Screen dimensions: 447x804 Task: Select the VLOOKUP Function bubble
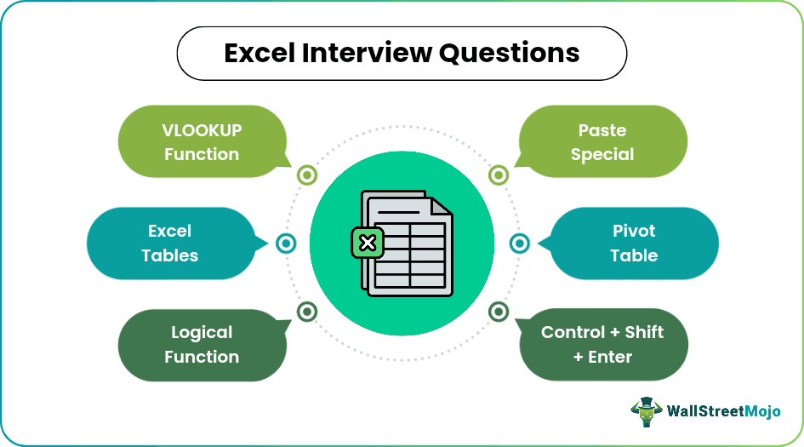(x=201, y=142)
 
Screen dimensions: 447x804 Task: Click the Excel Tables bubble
(x=169, y=244)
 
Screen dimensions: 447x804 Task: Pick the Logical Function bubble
(x=201, y=345)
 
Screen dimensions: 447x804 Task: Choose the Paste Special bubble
(x=602, y=142)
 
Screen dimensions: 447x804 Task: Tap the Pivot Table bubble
(x=634, y=244)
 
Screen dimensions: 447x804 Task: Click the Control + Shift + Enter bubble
(x=602, y=345)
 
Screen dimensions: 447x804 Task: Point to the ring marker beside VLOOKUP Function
(x=306, y=175)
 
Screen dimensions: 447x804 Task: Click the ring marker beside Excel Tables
(x=287, y=244)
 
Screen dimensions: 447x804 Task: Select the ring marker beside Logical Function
(x=306, y=312)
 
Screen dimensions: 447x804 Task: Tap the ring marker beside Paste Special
(x=499, y=175)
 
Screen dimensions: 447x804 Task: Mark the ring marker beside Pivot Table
(x=519, y=244)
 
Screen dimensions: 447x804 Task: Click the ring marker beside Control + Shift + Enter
(x=499, y=312)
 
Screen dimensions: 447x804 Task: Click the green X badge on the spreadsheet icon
(x=368, y=244)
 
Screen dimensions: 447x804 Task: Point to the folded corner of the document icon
(x=441, y=207)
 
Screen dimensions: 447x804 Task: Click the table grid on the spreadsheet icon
(x=411, y=255)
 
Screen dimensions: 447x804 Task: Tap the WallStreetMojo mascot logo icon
(x=647, y=411)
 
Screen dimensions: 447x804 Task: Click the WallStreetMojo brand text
(x=722, y=413)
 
